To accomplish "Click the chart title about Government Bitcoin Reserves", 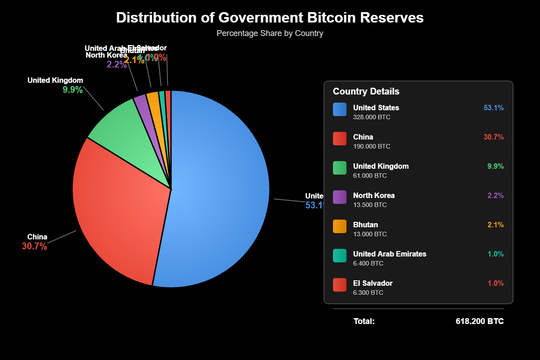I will (270, 18).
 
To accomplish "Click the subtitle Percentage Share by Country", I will (270, 33).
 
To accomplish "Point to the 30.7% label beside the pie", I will (34, 246).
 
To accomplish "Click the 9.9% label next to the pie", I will (72, 90).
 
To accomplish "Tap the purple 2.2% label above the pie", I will (117, 64).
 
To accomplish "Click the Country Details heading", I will (366, 91).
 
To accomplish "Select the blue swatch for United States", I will (340, 109).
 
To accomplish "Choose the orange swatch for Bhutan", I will (340, 226).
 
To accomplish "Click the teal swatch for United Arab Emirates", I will (340, 256).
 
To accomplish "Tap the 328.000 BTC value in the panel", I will (372, 117).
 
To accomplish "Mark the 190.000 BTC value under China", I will (372, 146).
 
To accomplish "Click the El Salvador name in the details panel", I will (373, 283).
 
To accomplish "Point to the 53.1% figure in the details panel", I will (494, 108).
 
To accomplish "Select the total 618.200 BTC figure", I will (480, 321).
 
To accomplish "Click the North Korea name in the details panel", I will (373, 195).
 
